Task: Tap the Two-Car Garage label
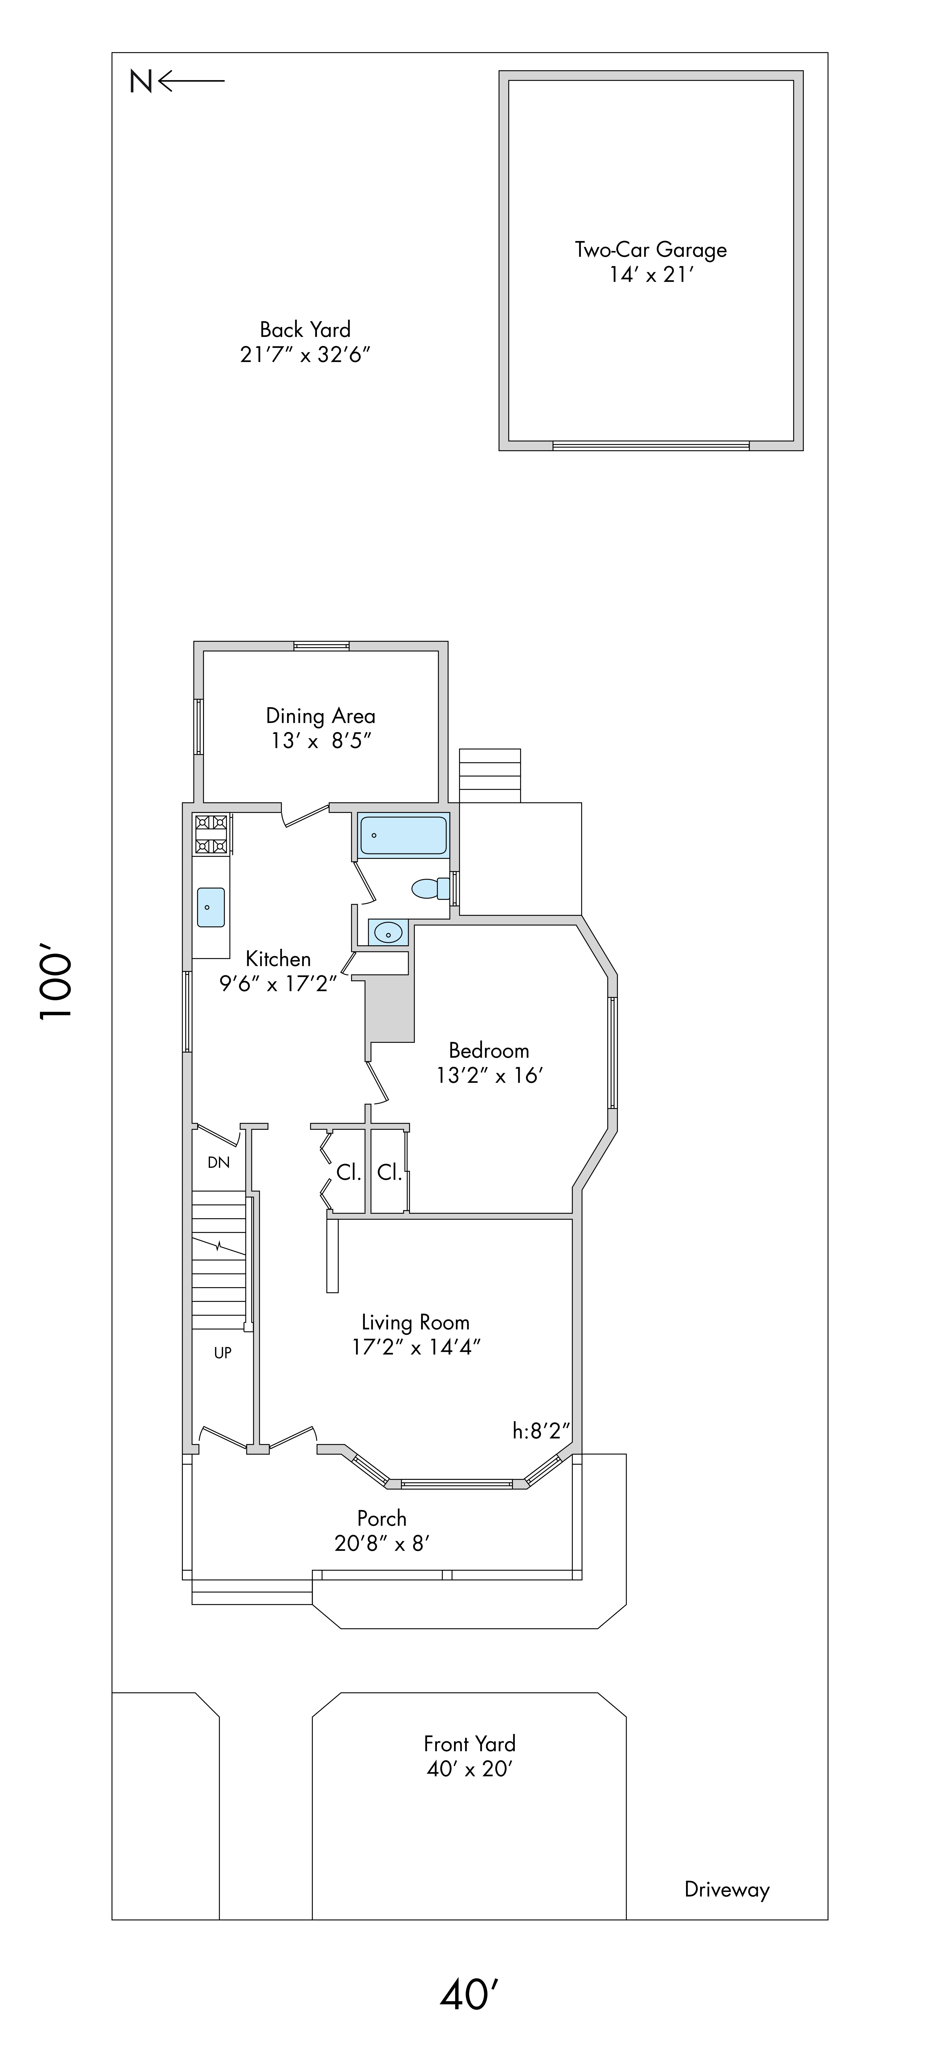click(651, 250)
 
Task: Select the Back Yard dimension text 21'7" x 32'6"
click(305, 355)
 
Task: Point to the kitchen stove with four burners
click(211, 834)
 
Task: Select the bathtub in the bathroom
click(404, 836)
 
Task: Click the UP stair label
click(222, 1352)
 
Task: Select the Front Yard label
click(470, 1743)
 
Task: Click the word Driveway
click(727, 1890)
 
